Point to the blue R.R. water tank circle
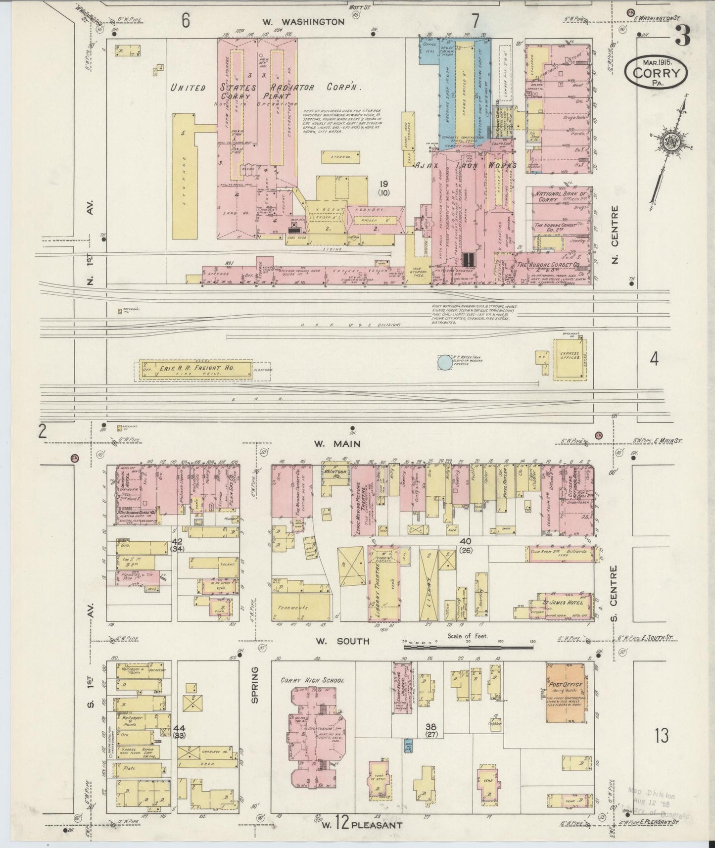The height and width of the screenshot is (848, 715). coord(445,362)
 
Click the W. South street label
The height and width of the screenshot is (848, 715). coord(342,642)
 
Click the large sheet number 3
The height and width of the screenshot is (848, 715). coord(683,38)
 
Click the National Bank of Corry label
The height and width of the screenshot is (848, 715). coord(561,197)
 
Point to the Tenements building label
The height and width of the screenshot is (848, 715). coord(293,608)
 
